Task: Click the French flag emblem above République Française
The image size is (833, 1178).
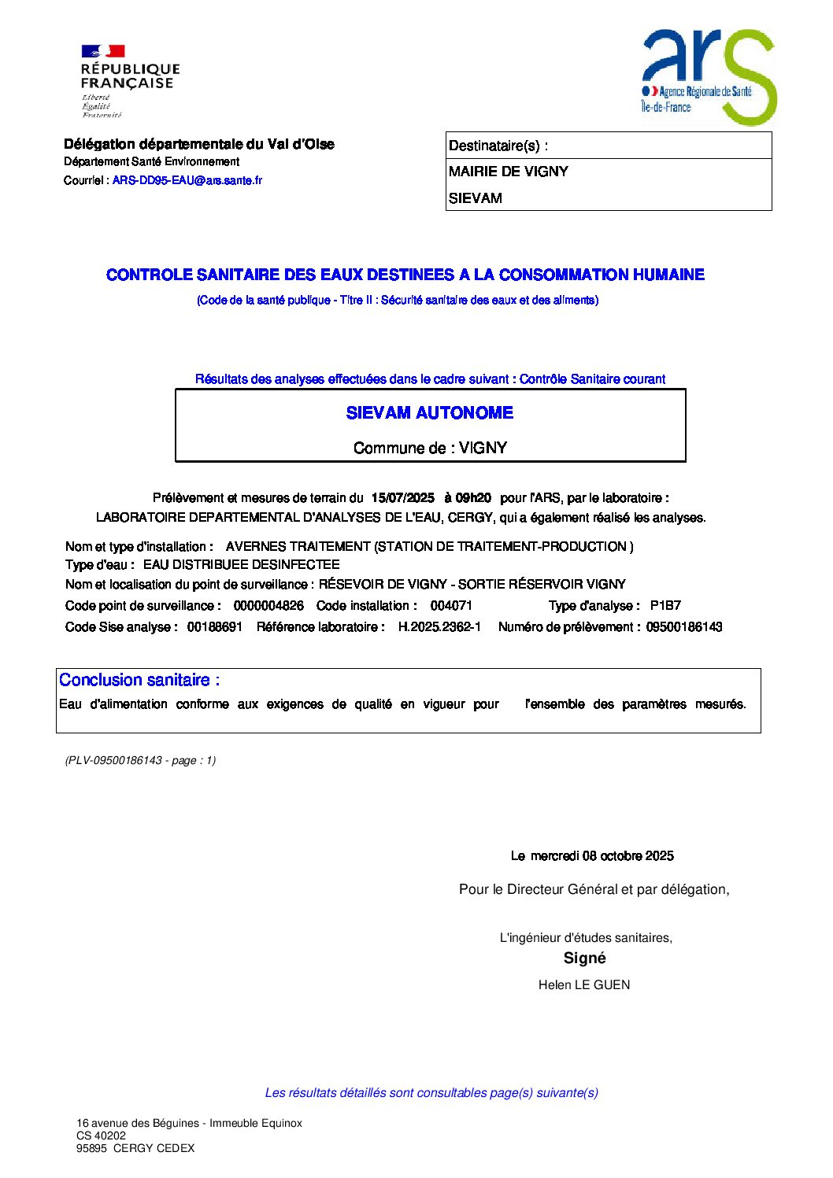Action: tap(103, 51)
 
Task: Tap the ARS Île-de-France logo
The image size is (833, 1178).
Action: tap(708, 76)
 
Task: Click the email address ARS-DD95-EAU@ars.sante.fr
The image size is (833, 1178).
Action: tap(187, 180)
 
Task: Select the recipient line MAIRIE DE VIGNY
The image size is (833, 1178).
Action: tap(508, 172)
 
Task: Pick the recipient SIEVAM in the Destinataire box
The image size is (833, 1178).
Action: tap(476, 198)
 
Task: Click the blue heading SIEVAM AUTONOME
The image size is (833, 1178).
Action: tap(430, 413)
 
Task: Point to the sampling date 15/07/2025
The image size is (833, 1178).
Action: tap(402, 498)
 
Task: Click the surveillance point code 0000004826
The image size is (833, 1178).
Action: tap(268, 606)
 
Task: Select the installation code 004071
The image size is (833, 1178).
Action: tap(451, 606)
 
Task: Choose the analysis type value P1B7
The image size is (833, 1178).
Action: tap(665, 606)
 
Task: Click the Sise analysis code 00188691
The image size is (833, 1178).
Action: tap(215, 627)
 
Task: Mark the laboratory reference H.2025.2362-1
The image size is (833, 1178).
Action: tap(439, 627)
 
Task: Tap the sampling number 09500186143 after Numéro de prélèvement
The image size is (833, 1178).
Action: tap(684, 627)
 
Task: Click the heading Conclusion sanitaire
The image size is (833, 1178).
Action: tap(139, 680)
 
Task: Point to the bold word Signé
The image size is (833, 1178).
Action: tap(585, 958)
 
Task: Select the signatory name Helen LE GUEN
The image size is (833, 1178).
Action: tap(584, 985)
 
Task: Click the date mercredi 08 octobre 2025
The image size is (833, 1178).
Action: tap(602, 856)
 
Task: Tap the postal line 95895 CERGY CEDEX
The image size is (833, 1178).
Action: tap(135, 1148)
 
